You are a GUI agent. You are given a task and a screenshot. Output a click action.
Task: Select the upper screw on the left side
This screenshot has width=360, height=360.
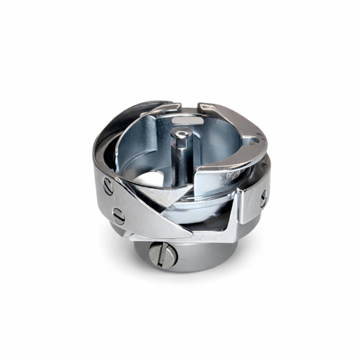click(108, 187)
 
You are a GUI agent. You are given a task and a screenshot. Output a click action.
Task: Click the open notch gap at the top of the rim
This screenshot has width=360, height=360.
click(189, 106)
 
